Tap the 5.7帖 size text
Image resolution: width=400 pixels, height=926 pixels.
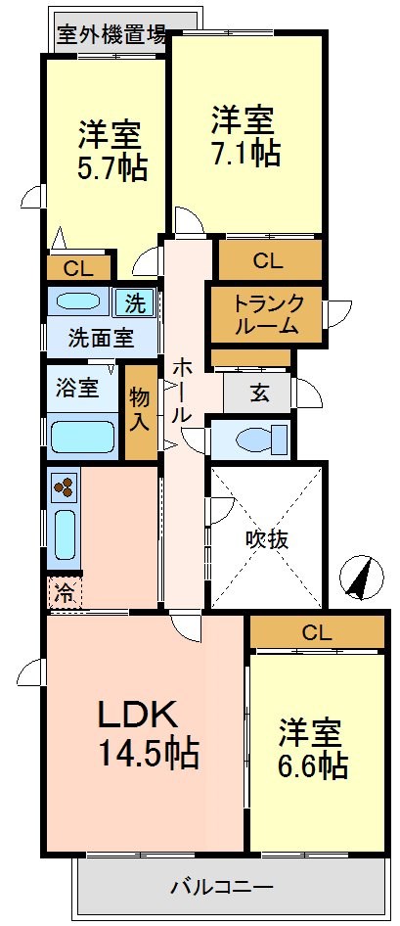click(x=112, y=167)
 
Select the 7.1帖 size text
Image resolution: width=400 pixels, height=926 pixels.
click(x=245, y=153)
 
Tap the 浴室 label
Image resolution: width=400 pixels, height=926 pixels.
click(x=75, y=387)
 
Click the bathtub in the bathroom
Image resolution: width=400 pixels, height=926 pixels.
click(x=83, y=434)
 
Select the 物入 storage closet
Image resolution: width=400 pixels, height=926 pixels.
click(x=140, y=411)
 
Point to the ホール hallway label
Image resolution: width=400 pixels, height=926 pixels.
click(x=182, y=390)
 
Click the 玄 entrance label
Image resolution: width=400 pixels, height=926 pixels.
click(x=258, y=394)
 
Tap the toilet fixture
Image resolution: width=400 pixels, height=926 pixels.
click(x=255, y=439)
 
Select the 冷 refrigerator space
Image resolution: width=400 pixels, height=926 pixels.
click(x=64, y=592)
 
